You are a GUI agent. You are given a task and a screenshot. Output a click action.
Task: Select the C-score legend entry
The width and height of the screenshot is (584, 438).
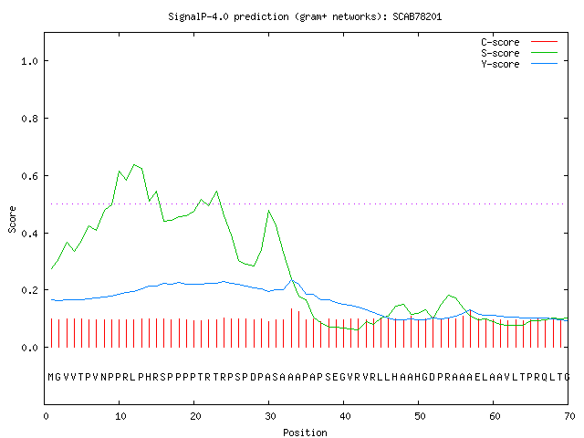tap(519, 42)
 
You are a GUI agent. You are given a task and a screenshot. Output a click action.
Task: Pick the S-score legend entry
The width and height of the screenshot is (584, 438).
tap(519, 53)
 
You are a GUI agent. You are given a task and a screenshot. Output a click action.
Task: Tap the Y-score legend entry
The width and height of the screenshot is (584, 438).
tap(519, 64)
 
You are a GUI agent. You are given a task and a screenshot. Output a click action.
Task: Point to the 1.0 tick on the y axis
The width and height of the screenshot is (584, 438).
tap(29, 61)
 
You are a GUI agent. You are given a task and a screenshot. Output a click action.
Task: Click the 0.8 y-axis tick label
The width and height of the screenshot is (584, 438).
tap(29, 119)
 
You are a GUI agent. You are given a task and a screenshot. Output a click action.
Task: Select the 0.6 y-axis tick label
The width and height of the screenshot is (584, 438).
tap(29, 176)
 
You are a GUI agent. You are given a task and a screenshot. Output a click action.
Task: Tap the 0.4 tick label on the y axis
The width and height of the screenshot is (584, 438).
tap(29, 234)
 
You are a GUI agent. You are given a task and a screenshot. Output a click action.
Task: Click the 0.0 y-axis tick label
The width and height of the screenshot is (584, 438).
tap(29, 348)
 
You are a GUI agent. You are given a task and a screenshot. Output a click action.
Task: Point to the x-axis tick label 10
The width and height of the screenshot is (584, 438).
tap(120, 416)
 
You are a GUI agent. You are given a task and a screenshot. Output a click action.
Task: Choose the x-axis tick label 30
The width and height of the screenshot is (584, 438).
tap(270, 416)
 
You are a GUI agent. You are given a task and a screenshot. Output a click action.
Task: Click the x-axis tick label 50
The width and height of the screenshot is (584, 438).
tap(420, 416)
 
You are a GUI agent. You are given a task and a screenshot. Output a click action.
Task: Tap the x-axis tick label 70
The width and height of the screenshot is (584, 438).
tap(569, 416)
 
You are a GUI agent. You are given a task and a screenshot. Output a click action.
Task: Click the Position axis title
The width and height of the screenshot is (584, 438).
tap(305, 433)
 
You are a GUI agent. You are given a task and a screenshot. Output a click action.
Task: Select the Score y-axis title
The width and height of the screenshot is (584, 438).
tap(12, 219)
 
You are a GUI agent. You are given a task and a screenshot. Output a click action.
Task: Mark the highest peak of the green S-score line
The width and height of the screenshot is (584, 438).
tap(134, 164)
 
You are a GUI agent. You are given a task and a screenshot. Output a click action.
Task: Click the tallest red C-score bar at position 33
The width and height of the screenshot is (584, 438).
tap(291, 328)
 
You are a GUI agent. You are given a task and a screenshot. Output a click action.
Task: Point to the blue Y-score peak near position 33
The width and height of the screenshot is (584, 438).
tap(292, 280)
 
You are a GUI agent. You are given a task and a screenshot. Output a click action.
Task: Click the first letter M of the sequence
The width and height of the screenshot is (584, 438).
tap(51, 377)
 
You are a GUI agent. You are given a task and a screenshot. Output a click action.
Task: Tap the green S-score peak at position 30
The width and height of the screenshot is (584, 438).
tap(268, 211)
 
